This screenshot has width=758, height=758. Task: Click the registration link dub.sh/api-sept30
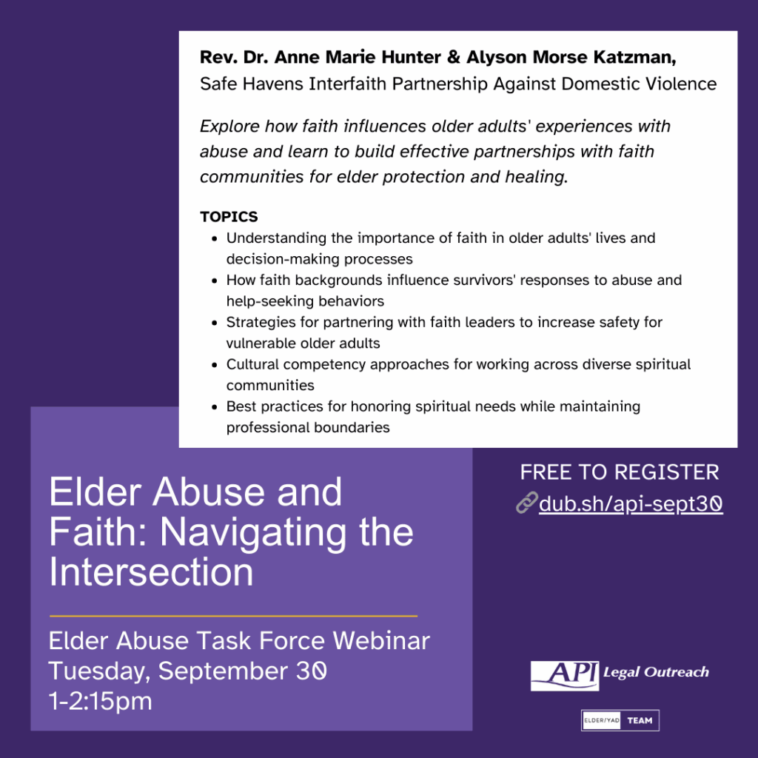click(x=631, y=503)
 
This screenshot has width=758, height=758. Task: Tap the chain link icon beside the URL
click(x=526, y=503)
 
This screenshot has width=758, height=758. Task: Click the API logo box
click(x=565, y=675)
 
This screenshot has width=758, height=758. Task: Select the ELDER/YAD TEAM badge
click(x=620, y=720)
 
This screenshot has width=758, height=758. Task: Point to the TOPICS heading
click(x=229, y=217)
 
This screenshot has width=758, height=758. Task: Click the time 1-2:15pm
click(x=101, y=701)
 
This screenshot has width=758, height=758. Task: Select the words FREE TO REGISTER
click(x=620, y=472)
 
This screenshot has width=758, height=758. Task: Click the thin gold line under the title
click(x=233, y=616)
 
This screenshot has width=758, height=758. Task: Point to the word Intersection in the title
click(x=151, y=572)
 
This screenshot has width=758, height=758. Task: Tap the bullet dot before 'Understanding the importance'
click(x=215, y=238)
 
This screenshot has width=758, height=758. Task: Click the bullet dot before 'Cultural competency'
click(x=215, y=364)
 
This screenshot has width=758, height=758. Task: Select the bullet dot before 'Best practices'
click(x=215, y=406)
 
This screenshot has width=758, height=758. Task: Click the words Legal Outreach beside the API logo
click(x=656, y=672)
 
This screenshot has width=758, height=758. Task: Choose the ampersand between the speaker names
click(x=454, y=57)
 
